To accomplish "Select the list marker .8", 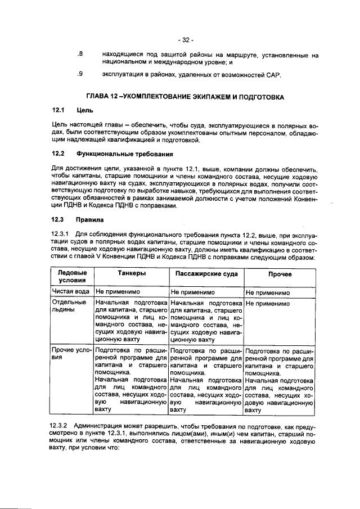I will pos(80,55).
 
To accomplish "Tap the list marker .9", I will pos(80,74).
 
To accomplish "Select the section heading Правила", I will pos(89,220).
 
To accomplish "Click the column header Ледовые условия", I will pos(72,276).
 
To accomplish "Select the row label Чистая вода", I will pos(71,292).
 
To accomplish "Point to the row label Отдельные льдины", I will pos(69,307).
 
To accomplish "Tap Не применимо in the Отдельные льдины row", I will pos(268,303).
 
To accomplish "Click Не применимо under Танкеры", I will pos(119,292).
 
